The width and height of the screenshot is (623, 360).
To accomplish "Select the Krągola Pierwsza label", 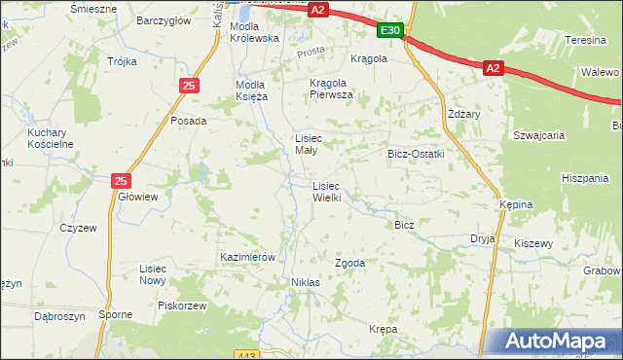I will [x=331, y=89].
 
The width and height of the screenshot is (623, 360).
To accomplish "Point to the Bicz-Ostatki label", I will [x=416, y=154].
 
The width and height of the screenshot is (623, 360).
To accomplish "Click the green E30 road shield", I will [x=389, y=31].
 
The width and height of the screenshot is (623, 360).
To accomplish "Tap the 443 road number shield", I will [x=247, y=355].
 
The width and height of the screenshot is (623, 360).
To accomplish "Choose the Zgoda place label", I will [x=349, y=263].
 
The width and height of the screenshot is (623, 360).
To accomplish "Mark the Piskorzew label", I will [x=183, y=305].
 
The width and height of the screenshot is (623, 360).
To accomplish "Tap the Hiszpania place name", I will [x=584, y=178].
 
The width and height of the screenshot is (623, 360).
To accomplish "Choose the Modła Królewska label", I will [x=254, y=32].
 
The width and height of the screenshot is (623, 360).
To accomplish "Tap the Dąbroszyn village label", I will [x=59, y=316].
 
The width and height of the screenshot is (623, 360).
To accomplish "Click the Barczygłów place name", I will [x=162, y=19].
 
